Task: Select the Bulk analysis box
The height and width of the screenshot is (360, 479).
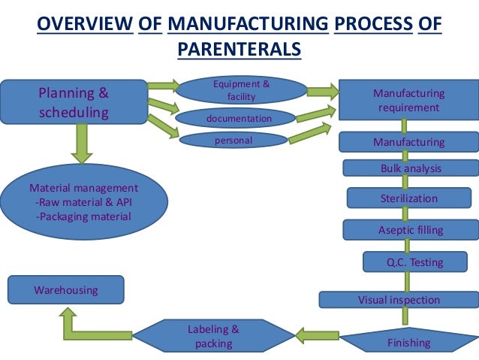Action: pos(410,168)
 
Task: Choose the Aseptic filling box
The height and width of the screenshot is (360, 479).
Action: pos(410,230)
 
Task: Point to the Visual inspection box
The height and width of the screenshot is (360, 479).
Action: pos(399,300)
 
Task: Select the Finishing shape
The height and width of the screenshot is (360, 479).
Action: pos(408,342)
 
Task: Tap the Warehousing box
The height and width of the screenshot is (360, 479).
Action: pos(65,289)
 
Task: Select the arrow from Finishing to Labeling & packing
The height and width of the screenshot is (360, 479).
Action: pos(320,334)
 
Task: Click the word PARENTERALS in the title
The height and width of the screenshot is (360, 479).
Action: pos(239,50)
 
